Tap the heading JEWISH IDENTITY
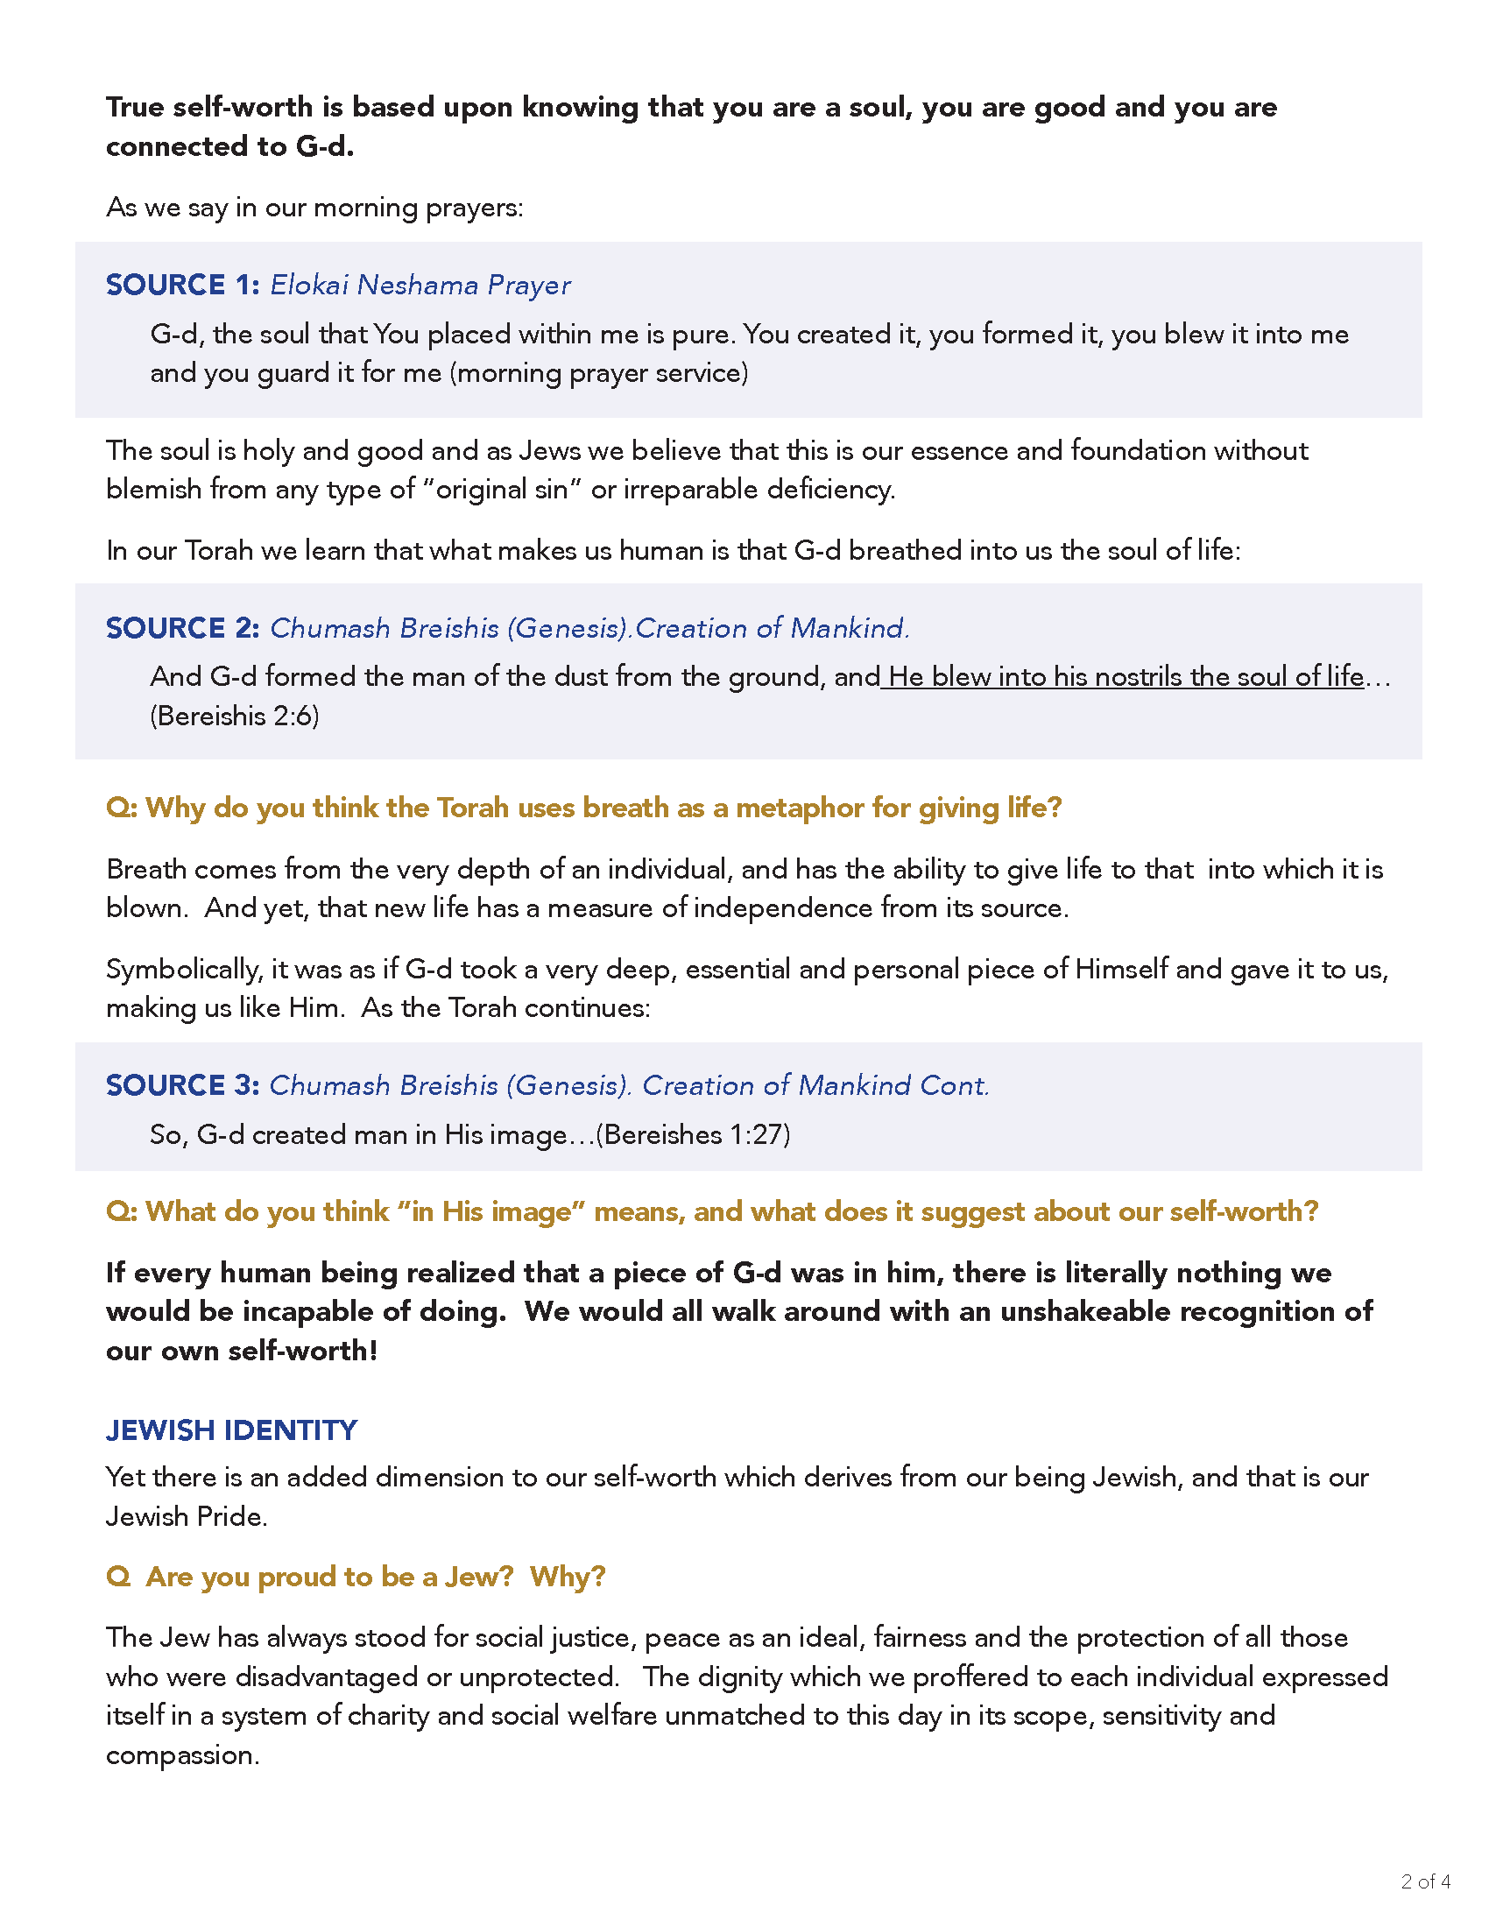231,1430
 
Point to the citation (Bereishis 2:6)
235,716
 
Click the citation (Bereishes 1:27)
694,1134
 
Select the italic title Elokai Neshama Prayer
420,285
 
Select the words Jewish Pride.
186,1517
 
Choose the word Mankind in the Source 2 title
848,627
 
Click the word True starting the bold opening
135,108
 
